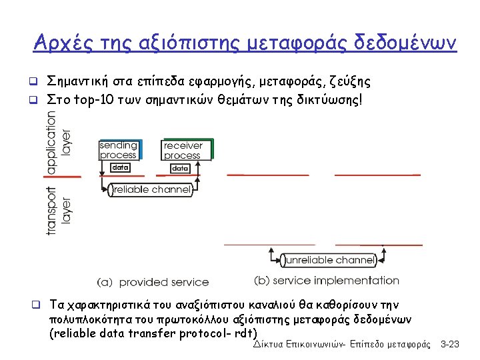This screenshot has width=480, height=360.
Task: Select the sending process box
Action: pyautogui.click(x=118, y=149)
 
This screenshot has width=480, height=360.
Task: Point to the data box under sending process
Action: pyautogui.click(x=119, y=167)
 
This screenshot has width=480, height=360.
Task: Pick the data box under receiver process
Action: pyautogui.click(x=180, y=168)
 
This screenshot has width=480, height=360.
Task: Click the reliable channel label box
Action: pyautogui.click(x=151, y=189)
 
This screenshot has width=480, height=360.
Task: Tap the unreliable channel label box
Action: pyautogui.click(x=329, y=259)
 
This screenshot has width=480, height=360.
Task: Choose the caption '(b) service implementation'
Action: pyautogui.click(x=327, y=281)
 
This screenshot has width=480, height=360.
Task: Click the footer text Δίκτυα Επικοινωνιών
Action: pyautogui.click(x=301, y=344)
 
